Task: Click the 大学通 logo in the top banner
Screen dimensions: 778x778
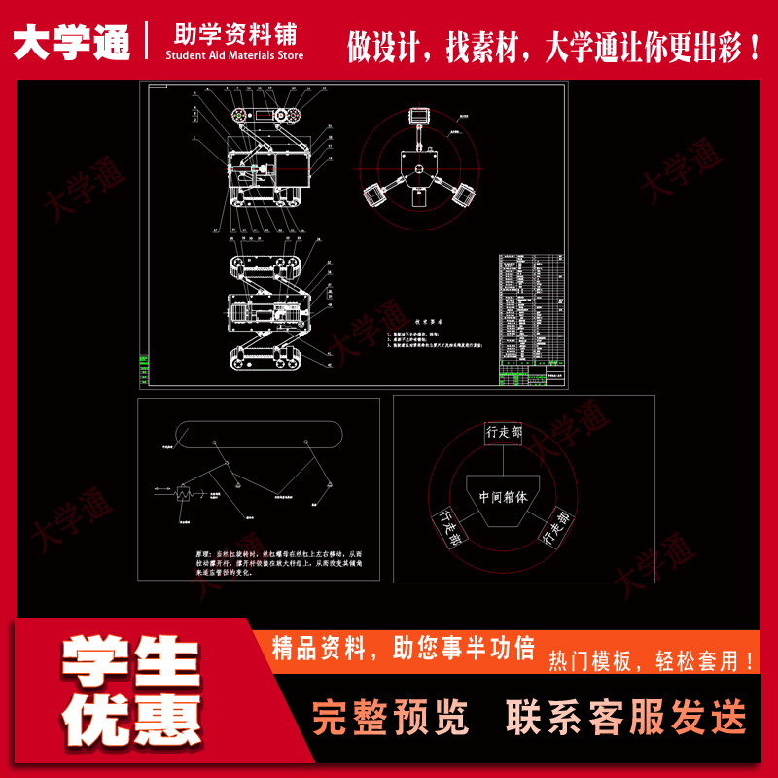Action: (72, 41)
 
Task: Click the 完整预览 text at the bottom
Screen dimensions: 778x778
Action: (390, 718)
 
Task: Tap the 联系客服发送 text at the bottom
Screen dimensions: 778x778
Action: (626, 718)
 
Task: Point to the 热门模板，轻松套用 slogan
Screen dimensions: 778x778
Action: (652, 662)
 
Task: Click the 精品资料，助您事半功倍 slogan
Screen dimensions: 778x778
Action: (404, 648)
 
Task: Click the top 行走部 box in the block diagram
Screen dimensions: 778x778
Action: (504, 433)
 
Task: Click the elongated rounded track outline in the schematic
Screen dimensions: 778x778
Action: (260, 432)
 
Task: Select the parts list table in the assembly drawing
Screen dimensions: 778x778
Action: (531, 312)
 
